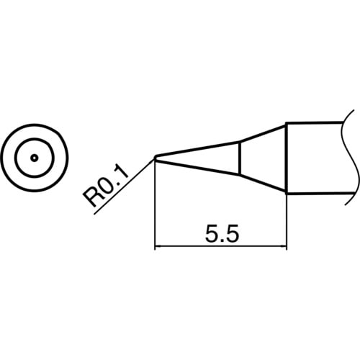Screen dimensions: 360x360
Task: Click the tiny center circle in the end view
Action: [34, 158]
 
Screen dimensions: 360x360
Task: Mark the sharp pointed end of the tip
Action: [156, 158]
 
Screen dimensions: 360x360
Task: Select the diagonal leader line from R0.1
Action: [126, 184]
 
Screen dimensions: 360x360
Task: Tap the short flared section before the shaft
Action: [259, 158]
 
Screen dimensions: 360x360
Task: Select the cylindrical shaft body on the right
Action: [317, 158]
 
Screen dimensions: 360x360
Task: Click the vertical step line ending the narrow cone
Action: [238, 158]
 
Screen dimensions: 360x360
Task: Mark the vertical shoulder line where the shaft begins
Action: [287, 158]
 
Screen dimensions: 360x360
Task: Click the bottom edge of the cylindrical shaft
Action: [317, 192]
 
